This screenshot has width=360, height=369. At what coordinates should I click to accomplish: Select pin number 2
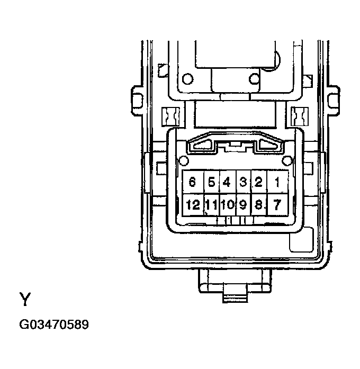[259, 183]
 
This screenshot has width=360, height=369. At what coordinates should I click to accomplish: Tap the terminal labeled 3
[243, 183]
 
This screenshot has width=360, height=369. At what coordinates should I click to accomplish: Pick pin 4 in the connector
[227, 183]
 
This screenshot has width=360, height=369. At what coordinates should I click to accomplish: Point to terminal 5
[211, 183]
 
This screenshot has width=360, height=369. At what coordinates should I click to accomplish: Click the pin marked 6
[192, 183]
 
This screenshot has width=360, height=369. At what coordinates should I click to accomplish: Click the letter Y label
[25, 300]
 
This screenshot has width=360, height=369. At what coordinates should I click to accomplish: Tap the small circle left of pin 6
[184, 161]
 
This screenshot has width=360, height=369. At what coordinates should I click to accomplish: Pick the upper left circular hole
[186, 80]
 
